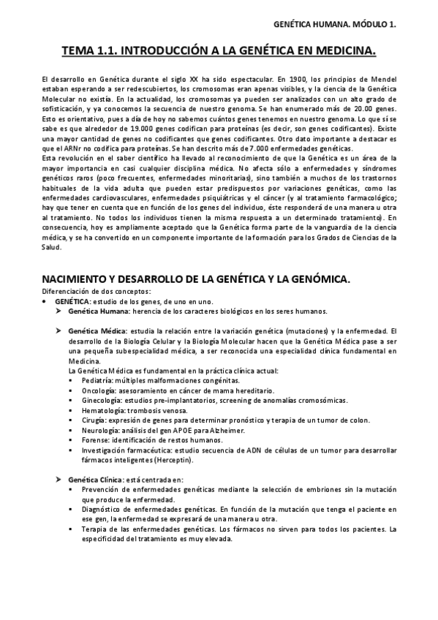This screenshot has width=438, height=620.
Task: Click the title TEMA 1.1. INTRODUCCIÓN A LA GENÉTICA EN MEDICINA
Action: pos(219,50)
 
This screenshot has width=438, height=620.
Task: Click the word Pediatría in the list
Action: pos(97,381)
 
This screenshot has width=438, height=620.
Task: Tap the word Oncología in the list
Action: pos(99,391)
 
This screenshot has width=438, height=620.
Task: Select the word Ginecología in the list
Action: pos(102,401)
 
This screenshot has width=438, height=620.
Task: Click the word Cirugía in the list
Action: pos(94,421)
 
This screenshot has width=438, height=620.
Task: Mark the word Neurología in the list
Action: pos(100,431)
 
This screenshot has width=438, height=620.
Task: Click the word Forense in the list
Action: pos(95,441)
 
